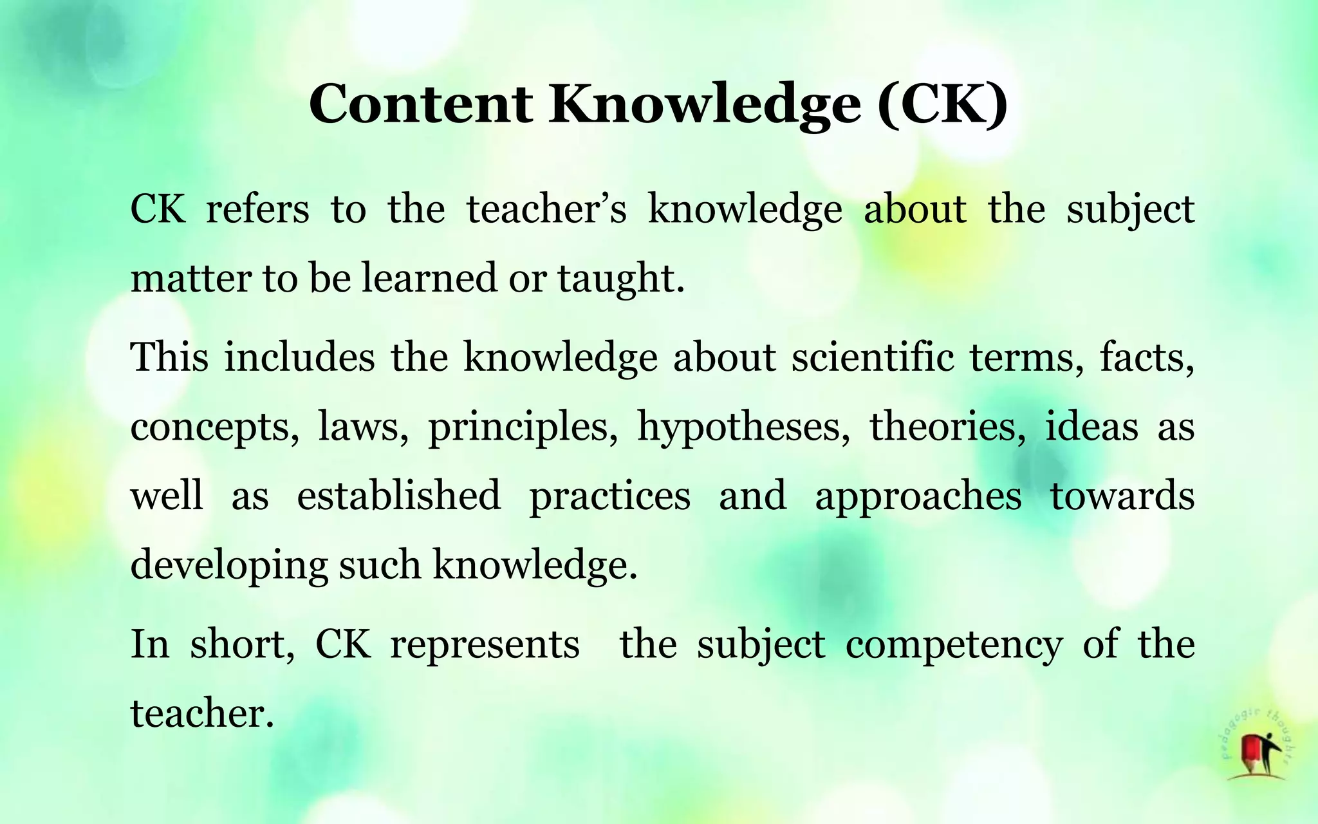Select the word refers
point(257,209)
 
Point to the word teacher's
point(546,209)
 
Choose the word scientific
point(873,357)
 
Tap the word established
point(399,495)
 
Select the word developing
point(229,565)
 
